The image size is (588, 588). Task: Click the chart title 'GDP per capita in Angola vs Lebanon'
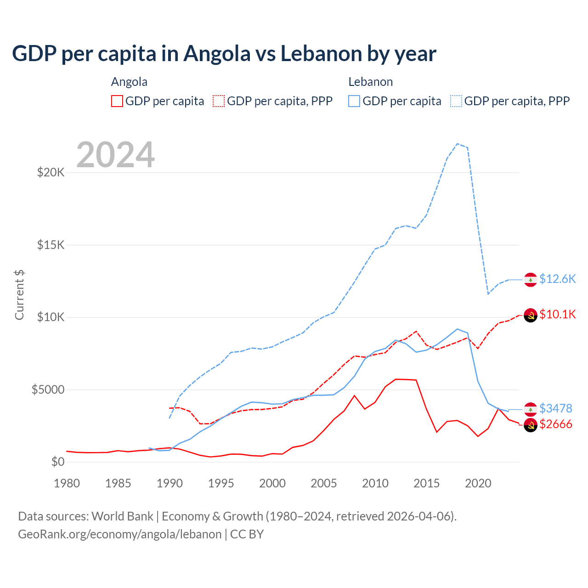tap(224, 54)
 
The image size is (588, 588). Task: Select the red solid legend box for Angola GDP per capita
tap(117, 101)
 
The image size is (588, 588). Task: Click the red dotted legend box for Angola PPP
tap(219, 101)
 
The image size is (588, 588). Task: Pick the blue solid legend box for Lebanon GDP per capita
tap(354, 101)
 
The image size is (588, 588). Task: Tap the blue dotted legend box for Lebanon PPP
tap(456, 101)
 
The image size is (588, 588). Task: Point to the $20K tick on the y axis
tap(51, 173)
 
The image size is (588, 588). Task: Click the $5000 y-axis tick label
tap(48, 390)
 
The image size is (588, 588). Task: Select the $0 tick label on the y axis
tap(57, 462)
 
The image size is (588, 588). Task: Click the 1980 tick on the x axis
tap(67, 483)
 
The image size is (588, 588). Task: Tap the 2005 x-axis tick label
tap(324, 483)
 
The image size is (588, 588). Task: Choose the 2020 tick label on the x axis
tap(478, 483)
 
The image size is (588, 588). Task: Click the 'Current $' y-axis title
tap(19, 295)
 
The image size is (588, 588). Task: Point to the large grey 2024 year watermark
tap(115, 155)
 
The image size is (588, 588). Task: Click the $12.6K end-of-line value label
tap(557, 279)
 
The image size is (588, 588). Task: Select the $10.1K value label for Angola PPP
tap(557, 315)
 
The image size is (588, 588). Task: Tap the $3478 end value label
tap(555, 408)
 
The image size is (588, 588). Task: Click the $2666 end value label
tap(555, 424)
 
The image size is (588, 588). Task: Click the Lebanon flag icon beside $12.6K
tap(531, 280)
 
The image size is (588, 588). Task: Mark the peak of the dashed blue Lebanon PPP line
tap(458, 144)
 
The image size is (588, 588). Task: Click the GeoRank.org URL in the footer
tap(119, 534)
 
